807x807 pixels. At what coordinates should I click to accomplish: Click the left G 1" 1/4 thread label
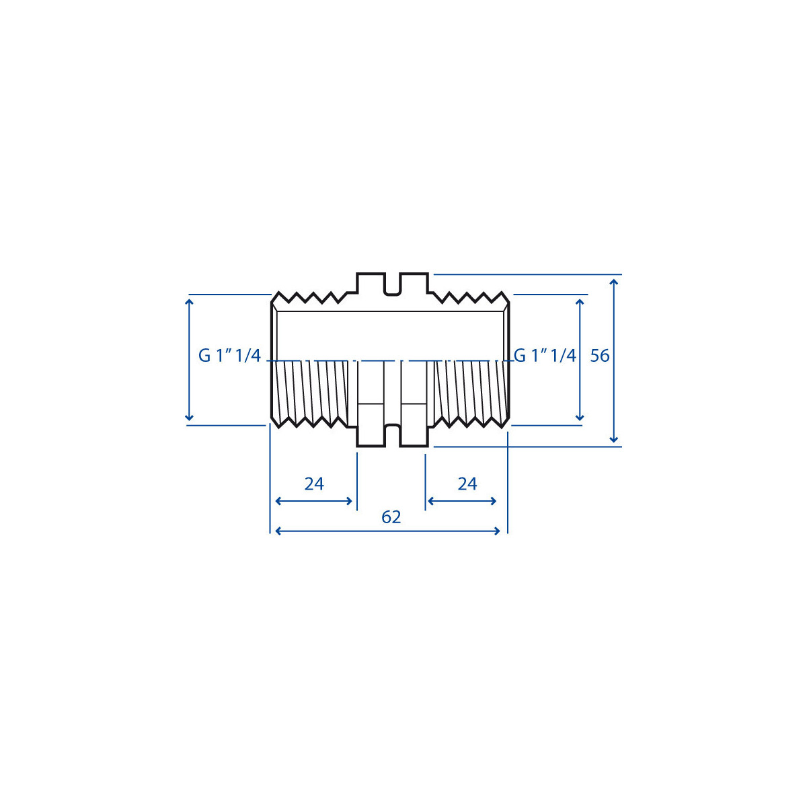[229, 356]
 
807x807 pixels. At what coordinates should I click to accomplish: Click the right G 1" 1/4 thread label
[545, 356]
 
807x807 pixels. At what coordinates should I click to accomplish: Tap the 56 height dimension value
[600, 356]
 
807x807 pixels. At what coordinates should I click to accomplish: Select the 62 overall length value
[391, 517]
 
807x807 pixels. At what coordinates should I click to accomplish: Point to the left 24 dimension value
[314, 484]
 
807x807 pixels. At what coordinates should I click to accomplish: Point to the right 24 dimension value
[467, 484]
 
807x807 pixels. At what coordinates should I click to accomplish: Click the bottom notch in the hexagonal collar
[392, 436]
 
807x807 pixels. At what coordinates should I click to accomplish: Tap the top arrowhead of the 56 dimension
[613, 282]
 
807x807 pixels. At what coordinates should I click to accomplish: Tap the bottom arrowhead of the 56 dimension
[613, 439]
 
